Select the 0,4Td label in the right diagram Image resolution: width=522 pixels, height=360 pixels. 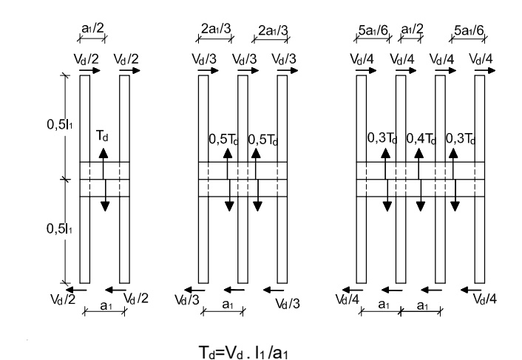coord(420,137)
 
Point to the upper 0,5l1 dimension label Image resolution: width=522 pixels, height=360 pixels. coord(57,124)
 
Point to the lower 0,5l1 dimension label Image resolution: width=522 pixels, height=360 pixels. coord(57,229)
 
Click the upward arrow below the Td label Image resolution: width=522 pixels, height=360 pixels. coord(104,152)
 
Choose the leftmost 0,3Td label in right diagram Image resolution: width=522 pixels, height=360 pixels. coord(382,137)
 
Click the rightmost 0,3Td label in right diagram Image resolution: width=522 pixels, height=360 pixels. coord(461,137)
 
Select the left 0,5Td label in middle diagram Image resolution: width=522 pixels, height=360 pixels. coord(223,137)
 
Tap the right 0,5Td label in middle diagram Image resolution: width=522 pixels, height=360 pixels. coord(262,137)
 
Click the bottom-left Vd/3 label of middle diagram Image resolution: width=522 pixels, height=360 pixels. coord(186,299)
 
